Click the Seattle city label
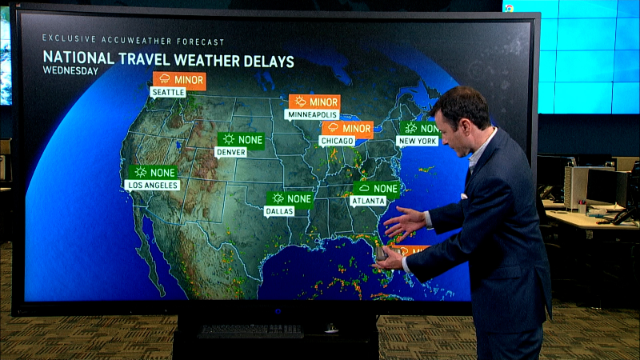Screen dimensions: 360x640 [168, 93]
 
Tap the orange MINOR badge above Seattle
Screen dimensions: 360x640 [179, 80]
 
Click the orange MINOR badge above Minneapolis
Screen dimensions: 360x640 [314, 102]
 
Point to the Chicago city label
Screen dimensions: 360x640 [336, 141]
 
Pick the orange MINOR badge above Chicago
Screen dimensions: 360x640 [347, 128]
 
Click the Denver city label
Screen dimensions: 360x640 [230, 152]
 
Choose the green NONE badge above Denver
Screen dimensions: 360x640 [241, 139]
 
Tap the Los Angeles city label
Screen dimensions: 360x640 [152, 185]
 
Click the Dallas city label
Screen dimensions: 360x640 [279, 211]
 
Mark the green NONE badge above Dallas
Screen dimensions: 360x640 [290, 198]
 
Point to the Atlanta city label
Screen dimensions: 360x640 [368, 202]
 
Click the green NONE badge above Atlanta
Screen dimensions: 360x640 [377, 189]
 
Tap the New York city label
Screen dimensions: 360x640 [418, 141]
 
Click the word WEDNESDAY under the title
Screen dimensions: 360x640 [70, 71]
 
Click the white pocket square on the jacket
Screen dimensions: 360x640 [464, 195]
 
